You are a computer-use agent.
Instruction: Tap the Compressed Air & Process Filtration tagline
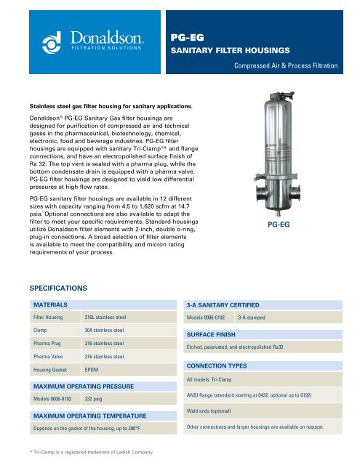(286, 66)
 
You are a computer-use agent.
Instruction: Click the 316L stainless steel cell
(106, 318)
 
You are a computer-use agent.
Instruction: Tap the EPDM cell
(93, 370)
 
